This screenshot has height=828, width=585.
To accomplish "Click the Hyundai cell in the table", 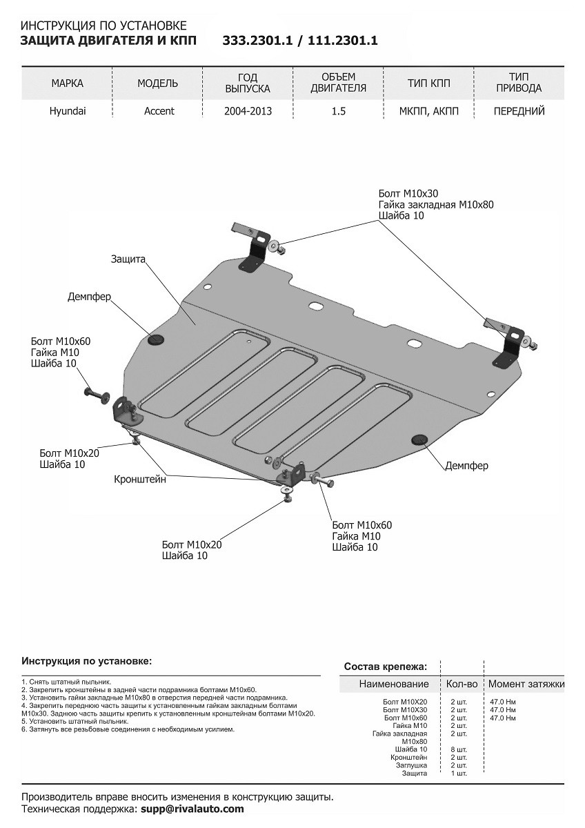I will (68, 111).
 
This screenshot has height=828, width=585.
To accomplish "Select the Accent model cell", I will (159, 111).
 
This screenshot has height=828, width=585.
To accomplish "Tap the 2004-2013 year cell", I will (248, 111).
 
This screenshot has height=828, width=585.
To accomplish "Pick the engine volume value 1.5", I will (338, 111).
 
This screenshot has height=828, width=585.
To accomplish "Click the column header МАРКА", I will (68, 83).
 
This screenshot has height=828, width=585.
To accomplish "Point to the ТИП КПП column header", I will (428, 83).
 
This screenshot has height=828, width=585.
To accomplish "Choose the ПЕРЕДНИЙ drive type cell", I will (519, 111).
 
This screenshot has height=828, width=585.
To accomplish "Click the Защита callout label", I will (128, 259).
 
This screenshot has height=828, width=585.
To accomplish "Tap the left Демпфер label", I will (89, 297).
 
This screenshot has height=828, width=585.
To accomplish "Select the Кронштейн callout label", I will (140, 480).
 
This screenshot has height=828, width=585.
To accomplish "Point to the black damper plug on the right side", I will (418, 440).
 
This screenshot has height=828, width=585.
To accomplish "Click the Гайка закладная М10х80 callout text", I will (436, 204).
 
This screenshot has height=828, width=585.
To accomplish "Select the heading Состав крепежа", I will (385, 667).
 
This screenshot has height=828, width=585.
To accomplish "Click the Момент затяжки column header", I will (526, 684).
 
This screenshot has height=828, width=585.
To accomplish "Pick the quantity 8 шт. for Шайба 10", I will (458, 749).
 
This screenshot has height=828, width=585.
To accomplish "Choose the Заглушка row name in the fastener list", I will (411, 765).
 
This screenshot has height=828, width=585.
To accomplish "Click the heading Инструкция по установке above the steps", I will (86, 661).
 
